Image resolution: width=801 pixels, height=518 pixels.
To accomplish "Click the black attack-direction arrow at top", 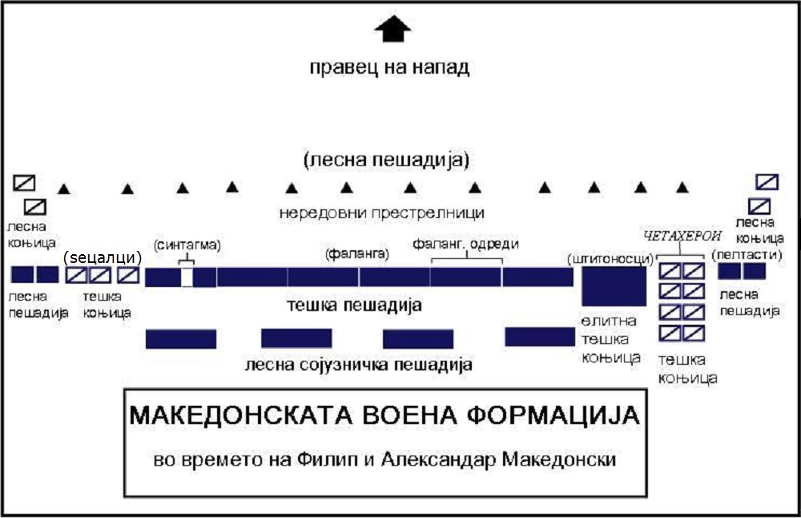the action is point(392,29).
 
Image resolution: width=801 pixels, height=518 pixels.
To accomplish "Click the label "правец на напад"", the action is point(389,67).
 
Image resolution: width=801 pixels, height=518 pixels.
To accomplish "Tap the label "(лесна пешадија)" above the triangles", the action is point(386,160).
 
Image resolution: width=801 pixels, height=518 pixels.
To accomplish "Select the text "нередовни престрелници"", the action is point(381,212).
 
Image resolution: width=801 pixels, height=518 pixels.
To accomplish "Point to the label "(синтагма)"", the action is point(187,245).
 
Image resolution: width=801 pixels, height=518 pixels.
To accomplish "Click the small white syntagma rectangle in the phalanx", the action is point(187,277).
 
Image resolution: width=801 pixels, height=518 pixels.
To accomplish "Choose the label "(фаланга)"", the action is point(357,253).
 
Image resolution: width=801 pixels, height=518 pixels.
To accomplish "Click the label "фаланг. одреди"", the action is point(465,244).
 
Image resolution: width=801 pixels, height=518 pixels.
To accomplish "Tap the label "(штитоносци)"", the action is point(610,259).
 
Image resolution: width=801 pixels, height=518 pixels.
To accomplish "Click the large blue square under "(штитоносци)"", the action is point(614,286).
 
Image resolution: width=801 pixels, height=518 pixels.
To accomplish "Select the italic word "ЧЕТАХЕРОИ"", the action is point(682,236).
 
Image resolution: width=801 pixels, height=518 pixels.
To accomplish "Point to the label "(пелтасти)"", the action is point(747,254).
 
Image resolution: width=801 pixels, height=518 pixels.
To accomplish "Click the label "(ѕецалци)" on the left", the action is point(103,257).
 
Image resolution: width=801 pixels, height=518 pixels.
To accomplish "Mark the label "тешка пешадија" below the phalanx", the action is point(354,306).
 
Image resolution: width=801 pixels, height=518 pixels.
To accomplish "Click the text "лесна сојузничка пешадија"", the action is point(358,365).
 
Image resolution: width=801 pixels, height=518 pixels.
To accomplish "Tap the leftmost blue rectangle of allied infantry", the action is point(181,339).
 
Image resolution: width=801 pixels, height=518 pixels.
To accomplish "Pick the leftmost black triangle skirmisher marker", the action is point(64,189).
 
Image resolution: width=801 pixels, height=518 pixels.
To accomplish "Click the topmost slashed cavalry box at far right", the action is point(767,182).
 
